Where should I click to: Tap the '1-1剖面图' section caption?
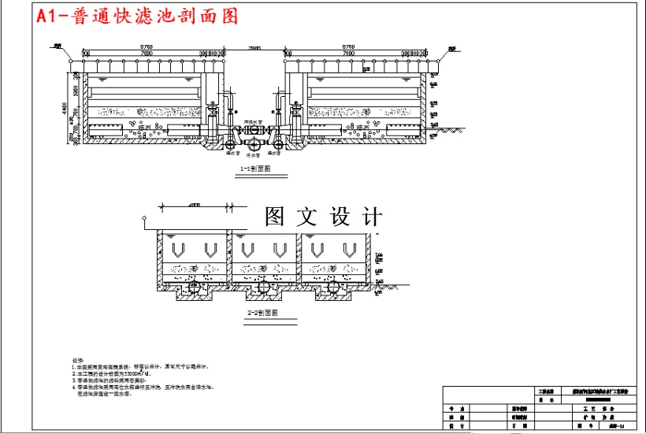[254, 169]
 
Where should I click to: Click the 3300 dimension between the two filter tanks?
[254, 49]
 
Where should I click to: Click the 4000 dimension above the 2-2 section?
[194, 206]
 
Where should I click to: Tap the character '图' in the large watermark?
[275, 217]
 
